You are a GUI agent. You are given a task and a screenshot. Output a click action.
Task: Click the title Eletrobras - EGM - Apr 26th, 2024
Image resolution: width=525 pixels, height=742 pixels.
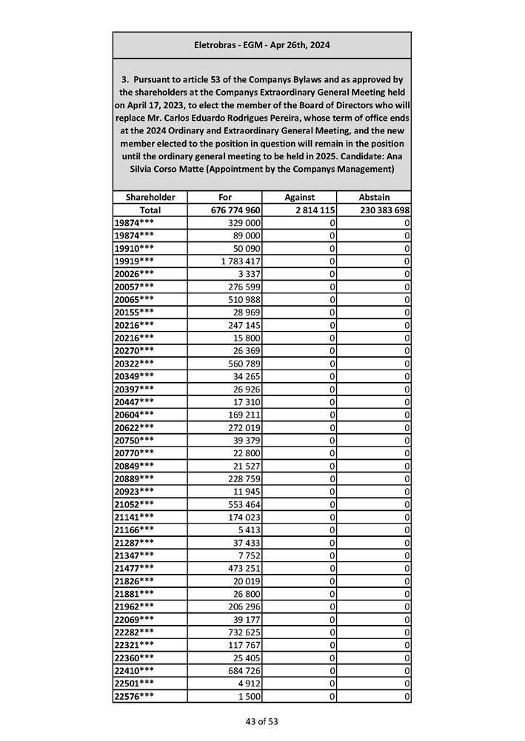(261, 45)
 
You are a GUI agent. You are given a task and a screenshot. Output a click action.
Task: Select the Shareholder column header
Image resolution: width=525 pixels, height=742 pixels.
(150, 197)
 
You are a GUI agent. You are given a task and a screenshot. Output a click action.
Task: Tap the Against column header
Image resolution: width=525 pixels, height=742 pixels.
(299, 197)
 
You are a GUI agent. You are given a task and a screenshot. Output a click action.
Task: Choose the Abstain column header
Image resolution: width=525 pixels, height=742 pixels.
(374, 197)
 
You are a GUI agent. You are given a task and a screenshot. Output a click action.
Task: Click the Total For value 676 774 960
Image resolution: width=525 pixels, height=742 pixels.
(235, 210)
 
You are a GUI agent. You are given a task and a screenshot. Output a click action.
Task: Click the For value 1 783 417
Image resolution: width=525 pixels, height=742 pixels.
(241, 261)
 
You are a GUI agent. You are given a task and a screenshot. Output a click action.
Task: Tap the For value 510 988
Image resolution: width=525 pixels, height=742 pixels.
(244, 299)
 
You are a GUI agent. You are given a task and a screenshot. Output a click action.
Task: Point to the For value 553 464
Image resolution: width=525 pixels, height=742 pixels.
(244, 504)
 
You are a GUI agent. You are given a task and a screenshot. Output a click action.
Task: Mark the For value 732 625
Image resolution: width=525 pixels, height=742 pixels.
(244, 632)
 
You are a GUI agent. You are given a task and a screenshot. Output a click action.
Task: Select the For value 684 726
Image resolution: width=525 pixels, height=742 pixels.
(244, 670)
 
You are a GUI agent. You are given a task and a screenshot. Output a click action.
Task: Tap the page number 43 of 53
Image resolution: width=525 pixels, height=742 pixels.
(262, 721)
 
